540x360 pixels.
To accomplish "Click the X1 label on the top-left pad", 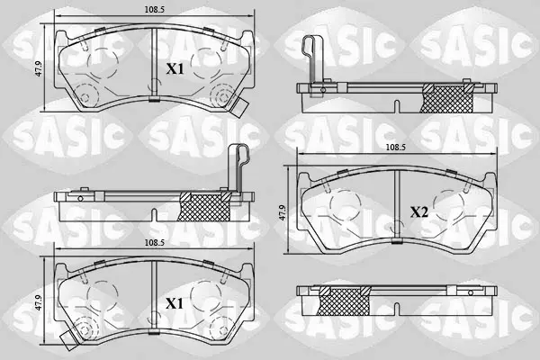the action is (175, 69).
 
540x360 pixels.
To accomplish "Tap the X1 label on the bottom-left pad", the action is (175, 304).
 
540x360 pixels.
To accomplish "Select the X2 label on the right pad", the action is (418, 212).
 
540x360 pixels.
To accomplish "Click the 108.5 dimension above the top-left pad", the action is (154, 9).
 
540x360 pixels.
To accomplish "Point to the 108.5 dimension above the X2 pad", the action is (396, 147).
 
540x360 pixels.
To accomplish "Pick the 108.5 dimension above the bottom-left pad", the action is (154, 242).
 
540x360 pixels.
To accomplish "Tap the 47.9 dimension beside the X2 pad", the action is (283, 212).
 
